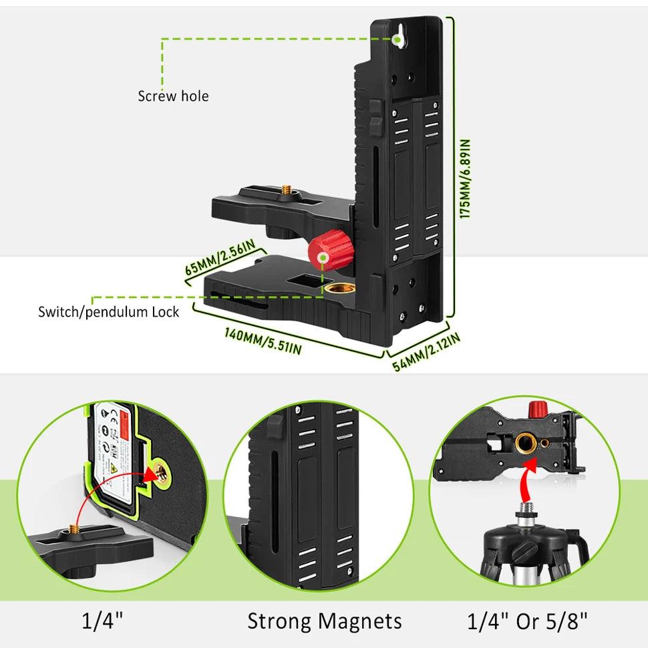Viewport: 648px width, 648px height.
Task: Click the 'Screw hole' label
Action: tap(173, 96)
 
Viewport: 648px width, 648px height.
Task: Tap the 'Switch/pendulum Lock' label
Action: tap(109, 311)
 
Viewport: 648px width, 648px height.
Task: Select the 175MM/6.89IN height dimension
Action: tap(466, 178)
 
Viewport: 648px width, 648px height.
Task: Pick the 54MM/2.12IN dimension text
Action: tap(426, 348)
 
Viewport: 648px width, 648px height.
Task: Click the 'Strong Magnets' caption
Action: tap(325, 621)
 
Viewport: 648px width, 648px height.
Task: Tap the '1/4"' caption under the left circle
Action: tap(102, 621)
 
